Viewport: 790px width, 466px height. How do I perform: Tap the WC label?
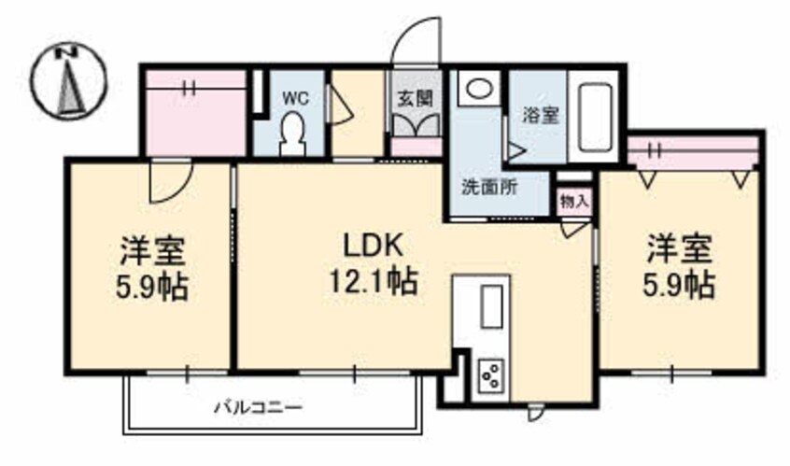tap(297, 96)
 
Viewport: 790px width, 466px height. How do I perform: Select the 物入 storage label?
tap(574, 200)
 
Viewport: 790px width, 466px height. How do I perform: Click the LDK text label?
tap(373, 247)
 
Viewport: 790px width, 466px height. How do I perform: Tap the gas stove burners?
tap(489, 374)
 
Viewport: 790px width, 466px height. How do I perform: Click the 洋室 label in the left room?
tap(151, 250)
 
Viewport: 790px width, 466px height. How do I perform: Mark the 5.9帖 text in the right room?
tap(681, 283)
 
